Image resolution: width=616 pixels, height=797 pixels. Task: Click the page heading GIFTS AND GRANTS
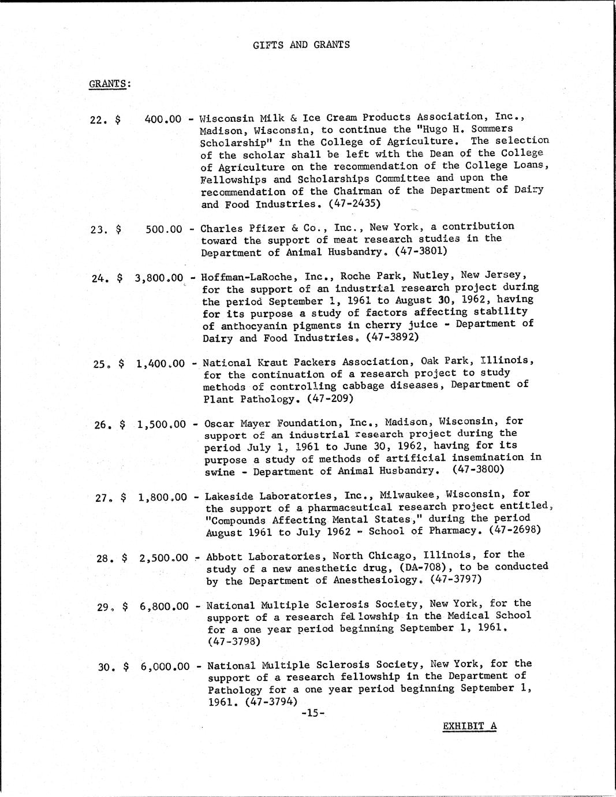point(301,44)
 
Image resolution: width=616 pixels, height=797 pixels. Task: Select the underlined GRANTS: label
point(110,83)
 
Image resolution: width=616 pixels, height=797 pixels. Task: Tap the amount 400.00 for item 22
point(163,120)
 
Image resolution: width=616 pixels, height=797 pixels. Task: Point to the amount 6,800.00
point(164,606)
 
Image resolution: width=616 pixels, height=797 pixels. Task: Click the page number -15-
point(313,713)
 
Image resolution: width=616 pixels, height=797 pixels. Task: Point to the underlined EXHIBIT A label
point(469,726)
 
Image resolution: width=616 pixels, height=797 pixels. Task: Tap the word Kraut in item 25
point(274,362)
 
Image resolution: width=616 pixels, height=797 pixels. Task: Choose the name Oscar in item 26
point(220,422)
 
